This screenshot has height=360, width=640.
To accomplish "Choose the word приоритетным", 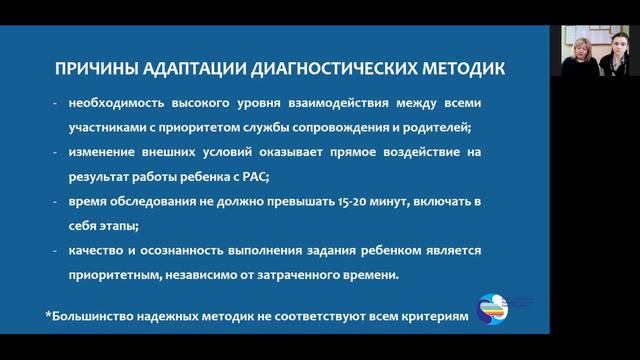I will pyautogui.click(x=115, y=273).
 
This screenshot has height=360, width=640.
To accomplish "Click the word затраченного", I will pyautogui.click(x=324, y=273).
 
